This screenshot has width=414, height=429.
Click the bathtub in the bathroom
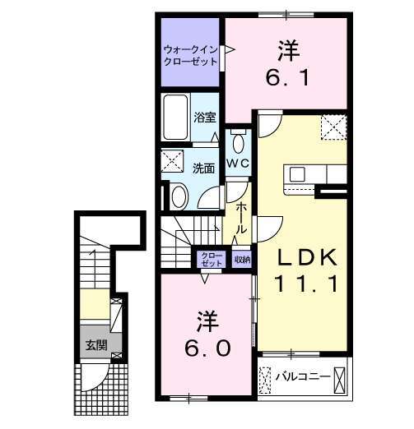(176, 116)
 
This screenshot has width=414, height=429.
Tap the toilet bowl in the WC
(238, 144)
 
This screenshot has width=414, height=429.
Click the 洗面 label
(203, 168)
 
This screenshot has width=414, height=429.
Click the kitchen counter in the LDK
(317, 174)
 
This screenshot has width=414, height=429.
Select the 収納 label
(241, 259)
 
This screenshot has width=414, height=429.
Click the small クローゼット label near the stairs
(211, 260)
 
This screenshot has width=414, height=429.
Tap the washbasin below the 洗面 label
(179, 196)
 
